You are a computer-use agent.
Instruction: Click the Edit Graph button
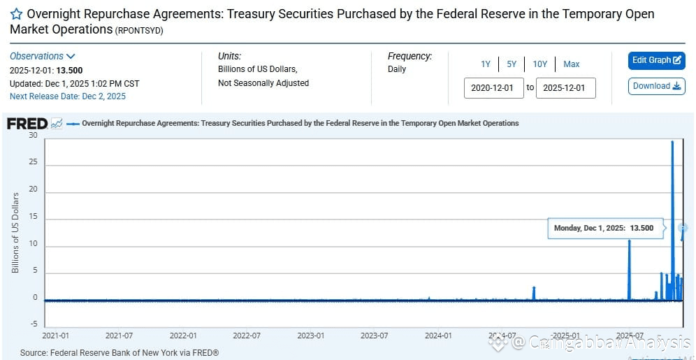[x=656, y=60]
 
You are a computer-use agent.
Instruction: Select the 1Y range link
[x=485, y=64]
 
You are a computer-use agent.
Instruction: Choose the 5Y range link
[x=512, y=64]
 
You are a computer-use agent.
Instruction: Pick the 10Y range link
[x=539, y=64]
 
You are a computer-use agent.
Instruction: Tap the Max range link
[x=571, y=64]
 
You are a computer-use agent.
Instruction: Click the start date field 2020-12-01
[x=493, y=88]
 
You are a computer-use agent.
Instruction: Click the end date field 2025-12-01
[x=565, y=88]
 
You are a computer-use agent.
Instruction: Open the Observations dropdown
[x=42, y=56]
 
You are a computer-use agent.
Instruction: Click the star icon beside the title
[x=16, y=14]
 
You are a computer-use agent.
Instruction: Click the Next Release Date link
[x=68, y=96]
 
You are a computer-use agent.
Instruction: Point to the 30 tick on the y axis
[x=33, y=135]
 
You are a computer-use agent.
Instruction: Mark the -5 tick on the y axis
[x=33, y=324]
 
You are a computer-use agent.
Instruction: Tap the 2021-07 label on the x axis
[x=119, y=336]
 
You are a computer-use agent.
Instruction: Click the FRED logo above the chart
[x=27, y=124]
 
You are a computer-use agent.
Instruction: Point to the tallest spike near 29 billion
[x=672, y=143]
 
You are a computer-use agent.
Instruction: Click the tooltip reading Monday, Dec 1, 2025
[x=603, y=228]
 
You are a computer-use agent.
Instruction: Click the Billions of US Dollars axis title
[x=15, y=232]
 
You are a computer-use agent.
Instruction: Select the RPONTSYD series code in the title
[x=140, y=29]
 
